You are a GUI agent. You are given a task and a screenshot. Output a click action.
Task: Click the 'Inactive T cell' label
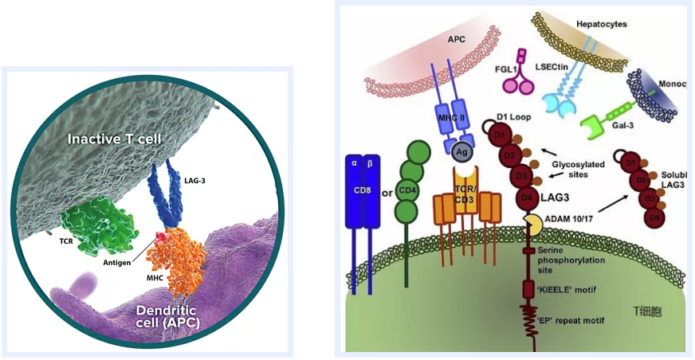coord(115,139)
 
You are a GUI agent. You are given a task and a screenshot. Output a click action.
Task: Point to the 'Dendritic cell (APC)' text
coord(159,316)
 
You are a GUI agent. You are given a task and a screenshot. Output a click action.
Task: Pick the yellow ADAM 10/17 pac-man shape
coord(531,223)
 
